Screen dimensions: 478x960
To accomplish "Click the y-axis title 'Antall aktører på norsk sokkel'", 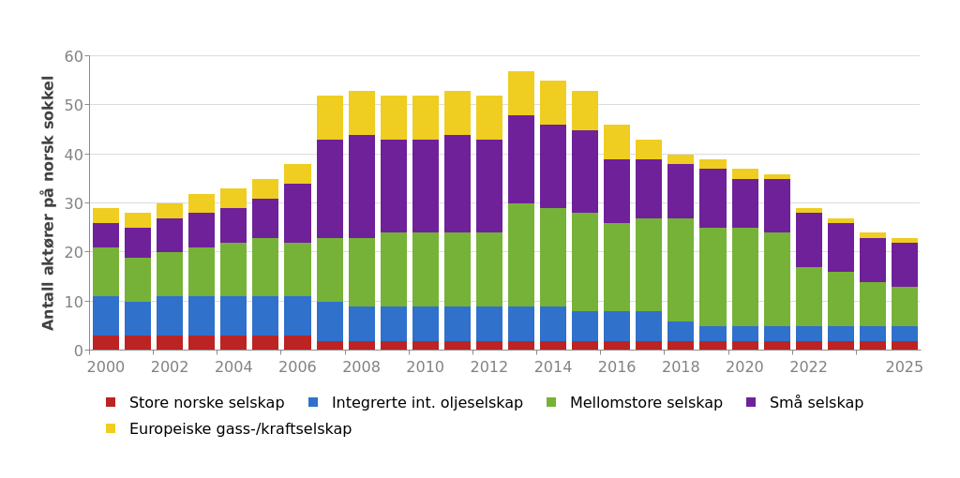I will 49,202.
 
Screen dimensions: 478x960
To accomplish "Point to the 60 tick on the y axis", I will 73,56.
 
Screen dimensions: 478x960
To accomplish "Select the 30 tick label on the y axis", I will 73,203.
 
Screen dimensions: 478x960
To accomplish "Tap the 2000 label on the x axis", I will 106,367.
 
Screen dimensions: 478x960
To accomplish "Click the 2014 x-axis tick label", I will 553,367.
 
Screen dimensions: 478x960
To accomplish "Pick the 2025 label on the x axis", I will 905,367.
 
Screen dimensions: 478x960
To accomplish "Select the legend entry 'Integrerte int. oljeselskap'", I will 427,403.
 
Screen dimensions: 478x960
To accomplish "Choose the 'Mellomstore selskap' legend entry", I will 646,403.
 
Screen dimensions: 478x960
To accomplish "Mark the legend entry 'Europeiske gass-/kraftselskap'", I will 240,429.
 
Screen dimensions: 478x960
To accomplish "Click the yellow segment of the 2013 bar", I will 521,94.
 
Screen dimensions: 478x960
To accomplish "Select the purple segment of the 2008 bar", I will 362,187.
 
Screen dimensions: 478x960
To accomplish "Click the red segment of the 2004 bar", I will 233,342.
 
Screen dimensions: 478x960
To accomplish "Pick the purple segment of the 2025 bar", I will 905,265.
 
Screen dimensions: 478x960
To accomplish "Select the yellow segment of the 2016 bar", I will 617,142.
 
